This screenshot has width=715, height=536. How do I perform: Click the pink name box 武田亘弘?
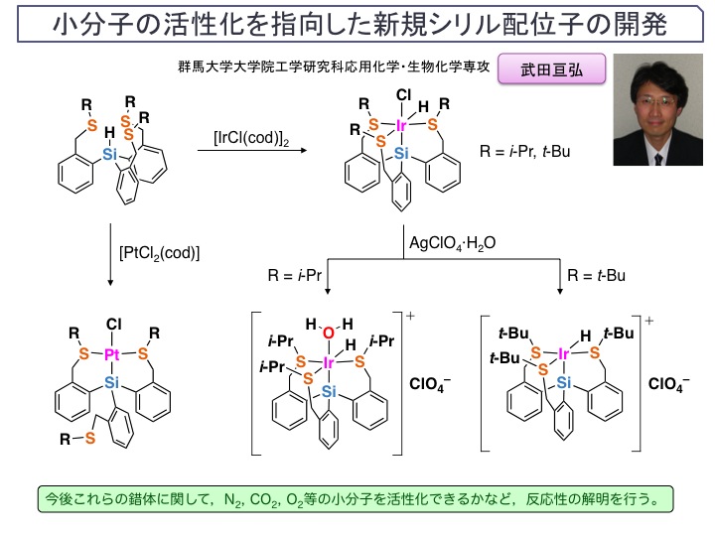[551, 68]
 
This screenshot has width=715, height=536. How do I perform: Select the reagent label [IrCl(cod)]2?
[251, 138]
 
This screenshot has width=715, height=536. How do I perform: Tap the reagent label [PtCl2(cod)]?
[159, 253]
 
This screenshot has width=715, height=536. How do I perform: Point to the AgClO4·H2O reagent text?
[453, 243]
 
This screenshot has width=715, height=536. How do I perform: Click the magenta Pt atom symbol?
[112, 354]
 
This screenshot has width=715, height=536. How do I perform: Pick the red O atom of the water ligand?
[329, 334]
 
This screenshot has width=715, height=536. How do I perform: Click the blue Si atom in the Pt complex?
[111, 382]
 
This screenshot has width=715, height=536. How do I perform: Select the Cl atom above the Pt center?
[113, 324]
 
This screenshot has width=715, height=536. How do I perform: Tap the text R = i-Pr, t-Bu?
[525, 151]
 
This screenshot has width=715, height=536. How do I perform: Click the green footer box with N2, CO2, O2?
[356, 499]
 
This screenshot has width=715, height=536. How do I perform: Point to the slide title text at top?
[360, 24]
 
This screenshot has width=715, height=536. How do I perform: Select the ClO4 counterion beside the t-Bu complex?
[668, 384]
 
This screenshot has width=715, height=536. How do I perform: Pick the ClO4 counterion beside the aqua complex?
[430, 384]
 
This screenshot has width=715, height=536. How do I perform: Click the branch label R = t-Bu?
[597, 275]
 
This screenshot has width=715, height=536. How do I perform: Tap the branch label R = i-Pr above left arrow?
[295, 275]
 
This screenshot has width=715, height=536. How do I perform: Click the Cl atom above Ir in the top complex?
[403, 95]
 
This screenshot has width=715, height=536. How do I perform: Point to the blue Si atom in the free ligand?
[110, 155]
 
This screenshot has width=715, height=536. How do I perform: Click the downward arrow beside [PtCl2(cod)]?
[110, 255]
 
